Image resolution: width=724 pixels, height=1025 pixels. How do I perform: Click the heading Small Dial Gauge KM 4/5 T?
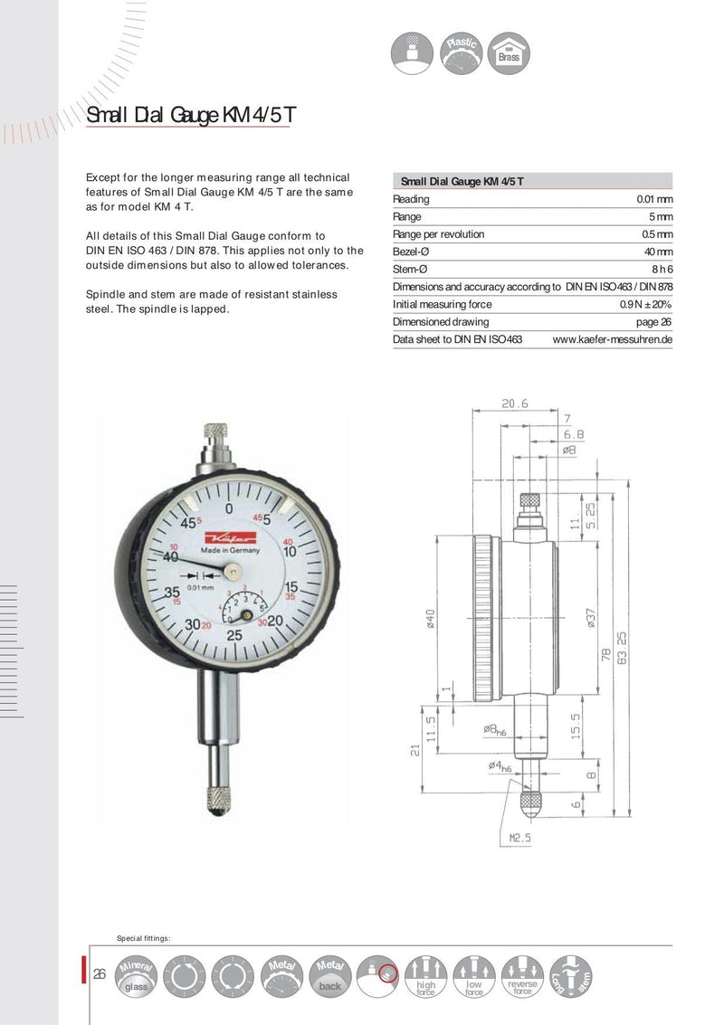[x=189, y=116]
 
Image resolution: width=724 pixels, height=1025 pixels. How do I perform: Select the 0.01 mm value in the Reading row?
[x=654, y=199]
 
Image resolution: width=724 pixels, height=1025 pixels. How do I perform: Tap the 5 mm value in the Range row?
[x=660, y=217]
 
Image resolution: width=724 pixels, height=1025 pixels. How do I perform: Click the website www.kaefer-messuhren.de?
[x=612, y=339]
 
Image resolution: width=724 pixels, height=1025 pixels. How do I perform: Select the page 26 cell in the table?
[x=653, y=321]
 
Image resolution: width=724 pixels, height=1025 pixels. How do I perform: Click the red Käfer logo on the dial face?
[x=221, y=536]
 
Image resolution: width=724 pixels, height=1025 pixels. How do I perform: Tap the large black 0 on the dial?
[x=230, y=509]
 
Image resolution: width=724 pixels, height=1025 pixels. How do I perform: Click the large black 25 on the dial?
[x=233, y=635]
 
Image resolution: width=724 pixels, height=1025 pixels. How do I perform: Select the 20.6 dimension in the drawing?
[x=516, y=403]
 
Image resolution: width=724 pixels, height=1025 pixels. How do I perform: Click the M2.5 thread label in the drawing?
[x=519, y=838]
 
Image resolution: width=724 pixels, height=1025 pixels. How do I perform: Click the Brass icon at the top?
[x=509, y=52]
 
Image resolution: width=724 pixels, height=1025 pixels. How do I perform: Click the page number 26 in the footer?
[x=100, y=974]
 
